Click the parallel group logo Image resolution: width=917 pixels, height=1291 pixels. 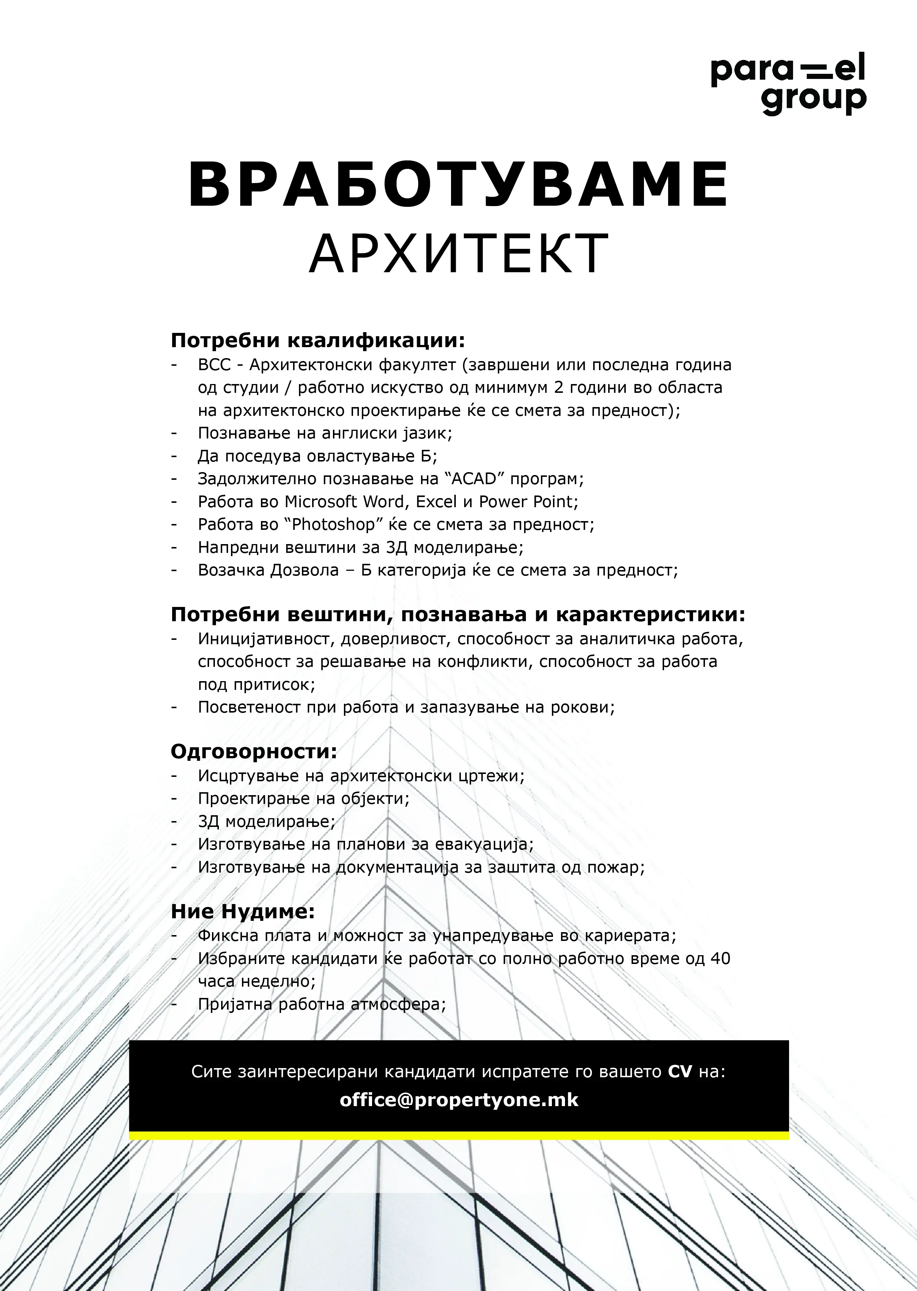tap(788, 85)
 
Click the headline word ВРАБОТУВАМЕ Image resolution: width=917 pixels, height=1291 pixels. tap(458, 186)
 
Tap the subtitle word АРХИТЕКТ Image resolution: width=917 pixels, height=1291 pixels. tap(458, 254)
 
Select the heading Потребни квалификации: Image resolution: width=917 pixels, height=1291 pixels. tap(318, 341)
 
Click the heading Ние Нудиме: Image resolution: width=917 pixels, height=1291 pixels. tap(243, 912)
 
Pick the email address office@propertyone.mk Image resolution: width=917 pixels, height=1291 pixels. tap(458, 1100)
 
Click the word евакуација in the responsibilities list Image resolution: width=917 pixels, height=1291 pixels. tap(483, 844)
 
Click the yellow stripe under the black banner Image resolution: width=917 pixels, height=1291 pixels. tap(458, 1136)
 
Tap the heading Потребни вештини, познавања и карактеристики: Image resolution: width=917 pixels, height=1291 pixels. tap(458, 615)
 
